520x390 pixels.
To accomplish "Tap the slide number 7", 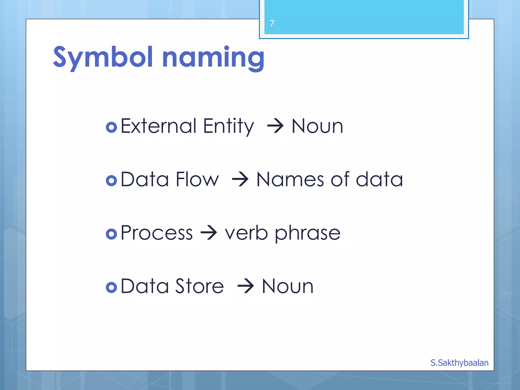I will (x=272, y=23).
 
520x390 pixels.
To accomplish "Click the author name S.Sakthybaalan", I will (x=459, y=363).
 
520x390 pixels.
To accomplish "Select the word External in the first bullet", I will (x=158, y=126).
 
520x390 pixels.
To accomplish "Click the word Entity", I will (x=228, y=126).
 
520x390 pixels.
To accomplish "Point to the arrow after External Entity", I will (x=275, y=126).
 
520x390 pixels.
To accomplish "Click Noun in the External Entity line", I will (x=317, y=126).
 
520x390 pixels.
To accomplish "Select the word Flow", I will (x=197, y=180).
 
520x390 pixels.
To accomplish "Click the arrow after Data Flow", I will (x=240, y=180).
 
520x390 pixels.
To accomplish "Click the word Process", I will (x=156, y=233).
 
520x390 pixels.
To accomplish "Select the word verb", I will (x=246, y=233).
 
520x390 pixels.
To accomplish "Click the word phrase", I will (x=307, y=233).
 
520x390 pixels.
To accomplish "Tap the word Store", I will (x=199, y=286).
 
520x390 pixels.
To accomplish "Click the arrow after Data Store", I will (x=245, y=286).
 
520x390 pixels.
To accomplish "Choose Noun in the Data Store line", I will (x=287, y=286).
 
